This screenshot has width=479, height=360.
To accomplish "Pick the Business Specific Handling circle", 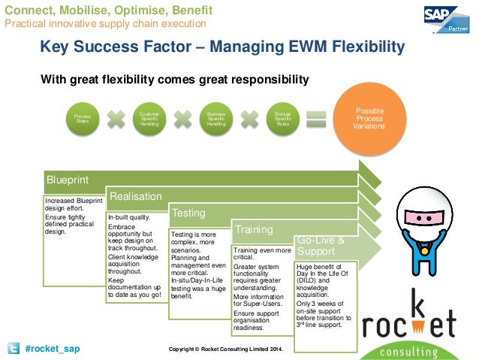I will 215,119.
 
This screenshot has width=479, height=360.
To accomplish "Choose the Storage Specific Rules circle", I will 283,119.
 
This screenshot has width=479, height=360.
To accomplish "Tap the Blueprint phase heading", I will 68,180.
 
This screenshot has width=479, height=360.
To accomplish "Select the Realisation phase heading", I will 136,196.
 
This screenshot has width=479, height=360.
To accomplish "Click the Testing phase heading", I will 189,213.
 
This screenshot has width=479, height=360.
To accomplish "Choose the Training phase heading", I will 254,228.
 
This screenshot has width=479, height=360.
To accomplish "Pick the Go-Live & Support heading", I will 321,245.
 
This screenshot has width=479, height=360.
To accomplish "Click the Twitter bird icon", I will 13,349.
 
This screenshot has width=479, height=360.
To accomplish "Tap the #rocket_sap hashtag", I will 52,349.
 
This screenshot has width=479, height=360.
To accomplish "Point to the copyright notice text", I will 226,349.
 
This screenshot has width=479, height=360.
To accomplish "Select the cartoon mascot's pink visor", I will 426,217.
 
